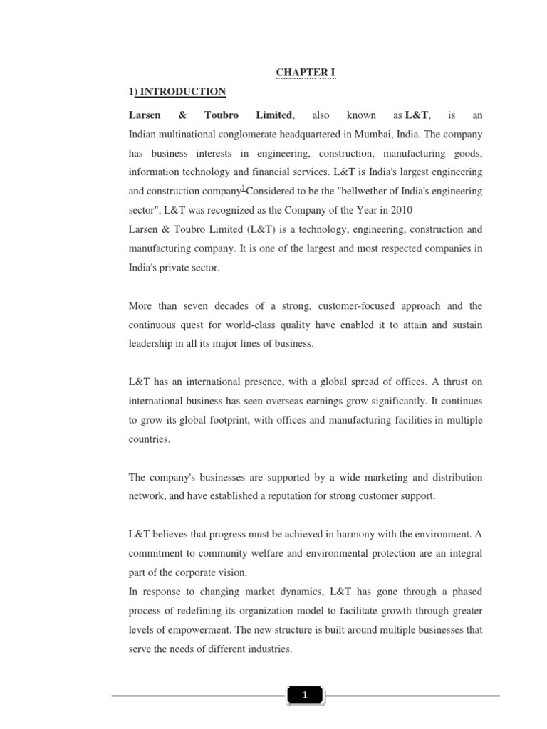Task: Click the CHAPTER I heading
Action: point(305,73)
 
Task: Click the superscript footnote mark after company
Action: point(244,189)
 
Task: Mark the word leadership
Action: point(152,344)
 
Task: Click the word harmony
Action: point(357,535)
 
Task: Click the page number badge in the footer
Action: point(305,696)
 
